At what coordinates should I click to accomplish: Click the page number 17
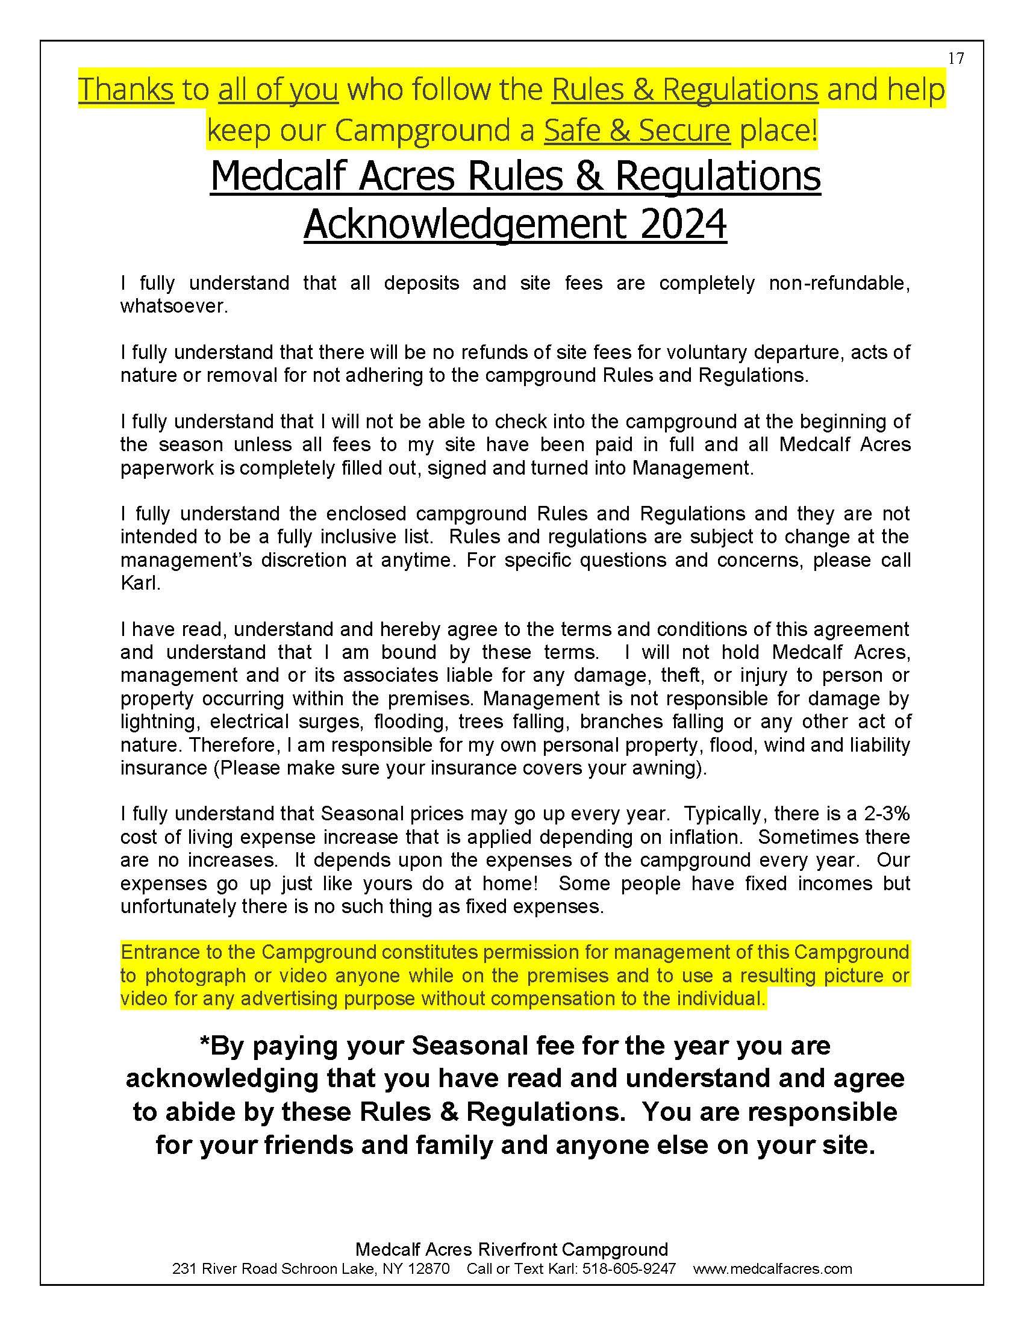pyautogui.click(x=955, y=59)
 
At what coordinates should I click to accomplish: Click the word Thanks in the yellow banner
pyautogui.click(x=126, y=90)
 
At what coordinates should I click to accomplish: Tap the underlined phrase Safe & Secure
pyautogui.click(x=637, y=131)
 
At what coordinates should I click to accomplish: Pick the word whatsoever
pyautogui.click(x=173, y=307)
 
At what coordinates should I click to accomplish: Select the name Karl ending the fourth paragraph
pyautogui.click(x=140, y=583)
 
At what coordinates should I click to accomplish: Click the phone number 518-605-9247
pyautogui.click(x=628, y=1268)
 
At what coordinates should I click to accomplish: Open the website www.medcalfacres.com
pyautogui.click(x=772, y=1268)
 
